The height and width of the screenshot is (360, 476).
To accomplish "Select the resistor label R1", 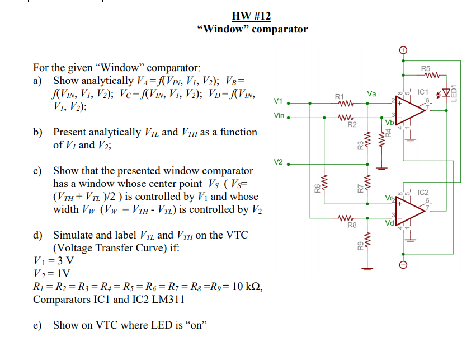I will (339, 97).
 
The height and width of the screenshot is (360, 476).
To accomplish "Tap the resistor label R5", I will (426, 68).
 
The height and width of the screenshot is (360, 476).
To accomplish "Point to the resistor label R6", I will (317, 190).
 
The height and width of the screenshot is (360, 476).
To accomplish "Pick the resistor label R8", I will (352, 225).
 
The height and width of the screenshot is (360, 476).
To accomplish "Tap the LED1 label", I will (455, 92).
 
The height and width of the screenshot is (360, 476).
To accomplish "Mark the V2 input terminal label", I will (278, 162).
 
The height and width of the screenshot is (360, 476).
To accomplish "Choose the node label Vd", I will (389, 223).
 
